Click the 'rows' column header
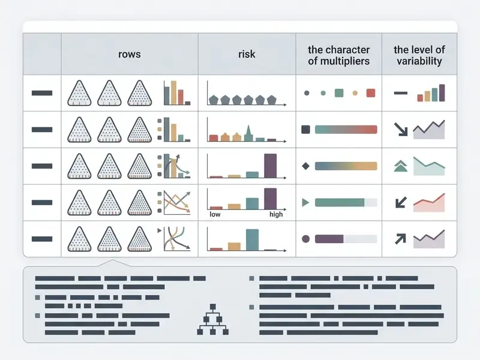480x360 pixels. point(130,54)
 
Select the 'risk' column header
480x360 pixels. point(247,54)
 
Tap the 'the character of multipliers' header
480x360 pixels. point(338,55)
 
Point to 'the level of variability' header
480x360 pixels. point(419,55)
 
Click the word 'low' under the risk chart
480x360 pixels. point(215,214)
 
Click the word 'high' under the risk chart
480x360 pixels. point(276,214)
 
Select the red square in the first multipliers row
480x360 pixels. point(371,93)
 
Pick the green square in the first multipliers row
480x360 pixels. point(339,93)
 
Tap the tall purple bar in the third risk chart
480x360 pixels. point(271,166)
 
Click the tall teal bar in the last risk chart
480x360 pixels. point(252,239)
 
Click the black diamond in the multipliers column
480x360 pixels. point(305,166)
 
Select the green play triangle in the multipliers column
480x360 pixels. point(305,202)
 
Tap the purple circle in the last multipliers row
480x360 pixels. point(305,239)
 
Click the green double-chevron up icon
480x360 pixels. point(400,166)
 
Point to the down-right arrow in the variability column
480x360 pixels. point(401,130)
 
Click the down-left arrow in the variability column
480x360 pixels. point(401,202)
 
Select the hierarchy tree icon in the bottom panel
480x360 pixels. point(213,319)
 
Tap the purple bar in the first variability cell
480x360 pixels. point(442,93)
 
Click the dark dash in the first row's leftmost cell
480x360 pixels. point(42,93)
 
